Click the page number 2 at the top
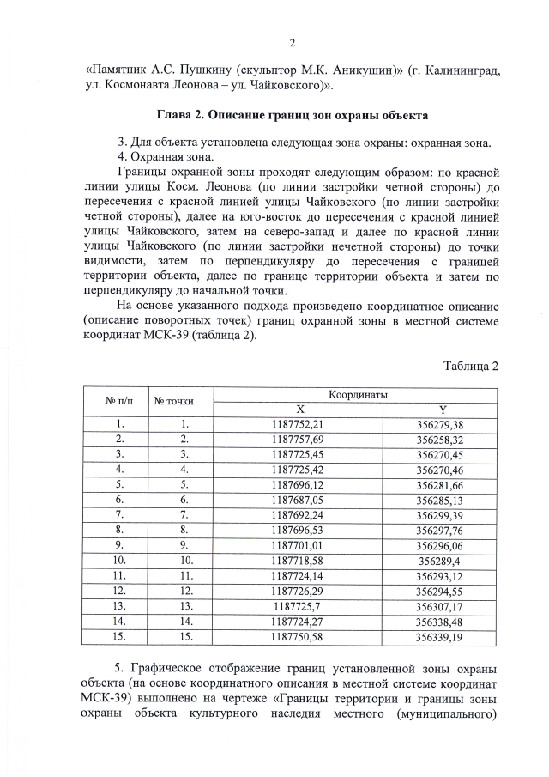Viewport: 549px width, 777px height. tap(292, 43)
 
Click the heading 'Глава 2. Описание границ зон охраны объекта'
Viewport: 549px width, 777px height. tap(292, 114)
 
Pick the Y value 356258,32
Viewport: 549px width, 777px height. tap(439, 440)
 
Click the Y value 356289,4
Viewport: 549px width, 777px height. tap(439, 559)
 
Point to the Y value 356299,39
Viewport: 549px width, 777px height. tap(439, 514)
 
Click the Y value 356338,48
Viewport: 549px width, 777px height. tap(439, 619)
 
